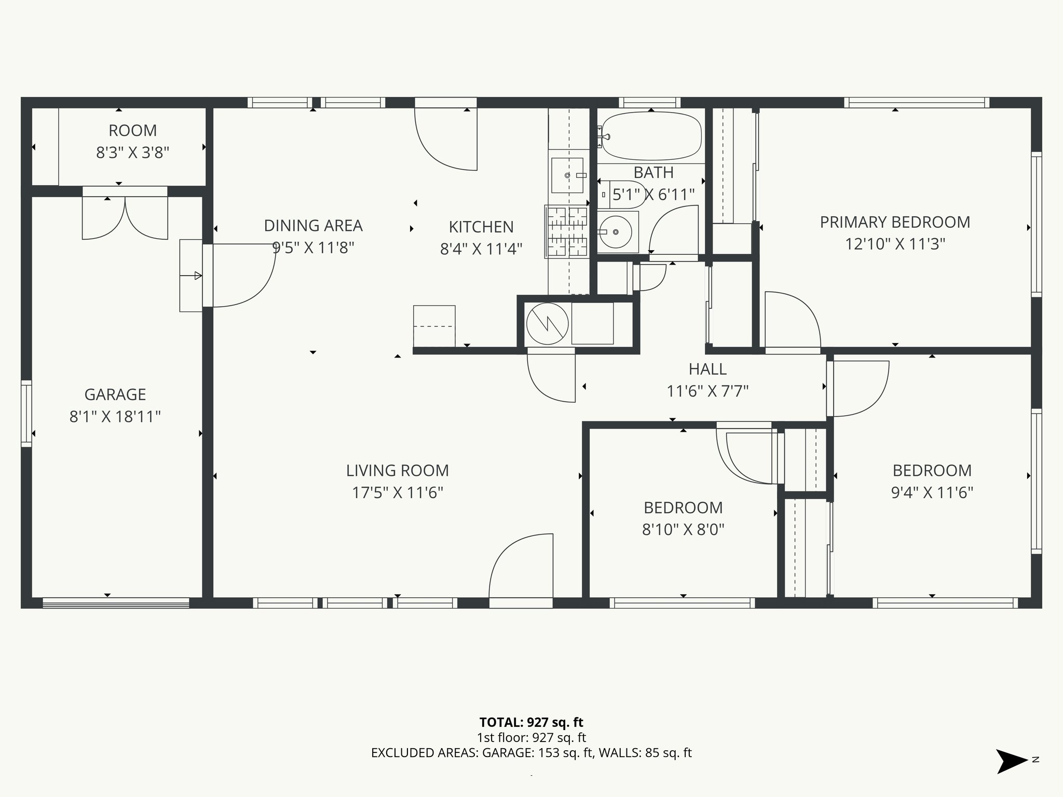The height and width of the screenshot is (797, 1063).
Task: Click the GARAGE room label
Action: pyautogui.click(x=115, y=394)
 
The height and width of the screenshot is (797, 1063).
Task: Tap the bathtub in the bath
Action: pyautogui.click(x=651, y=136)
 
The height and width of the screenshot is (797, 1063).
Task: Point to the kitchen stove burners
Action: pyautogui.click(x=567, y=231)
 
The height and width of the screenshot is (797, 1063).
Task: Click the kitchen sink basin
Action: pyautogui.click(x=567, y=175)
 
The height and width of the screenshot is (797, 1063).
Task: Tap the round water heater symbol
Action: pyautogui.click(x=547, y=324)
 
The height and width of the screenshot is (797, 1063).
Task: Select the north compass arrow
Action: pyautogui.click(x=1011, y=761)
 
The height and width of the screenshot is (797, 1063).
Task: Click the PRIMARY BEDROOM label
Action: pyautogui.click(x=895, y=222)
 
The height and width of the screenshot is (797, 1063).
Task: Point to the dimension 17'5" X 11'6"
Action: pyautogui.click(x=398, y=492)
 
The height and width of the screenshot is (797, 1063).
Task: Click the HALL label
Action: pyautogui.click(x=707, y=369)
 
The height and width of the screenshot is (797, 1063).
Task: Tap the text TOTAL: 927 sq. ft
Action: pyautogui.click(x=531, y=722)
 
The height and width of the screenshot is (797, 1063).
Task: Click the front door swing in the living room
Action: pyautogui.click(x=521, y=568)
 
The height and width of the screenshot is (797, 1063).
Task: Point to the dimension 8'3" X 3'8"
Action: pyautogui.click(x=133, y=153)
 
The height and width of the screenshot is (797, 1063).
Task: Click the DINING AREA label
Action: pyautogui.click(x=313, y=226)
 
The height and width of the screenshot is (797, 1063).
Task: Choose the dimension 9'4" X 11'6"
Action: pyautogui.click(x=932, y=492)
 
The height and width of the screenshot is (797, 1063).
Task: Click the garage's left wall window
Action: pyautogui.click(x=26, y=414)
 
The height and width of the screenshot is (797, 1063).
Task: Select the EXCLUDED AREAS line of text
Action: pyautogui.click(x=531, y=753)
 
